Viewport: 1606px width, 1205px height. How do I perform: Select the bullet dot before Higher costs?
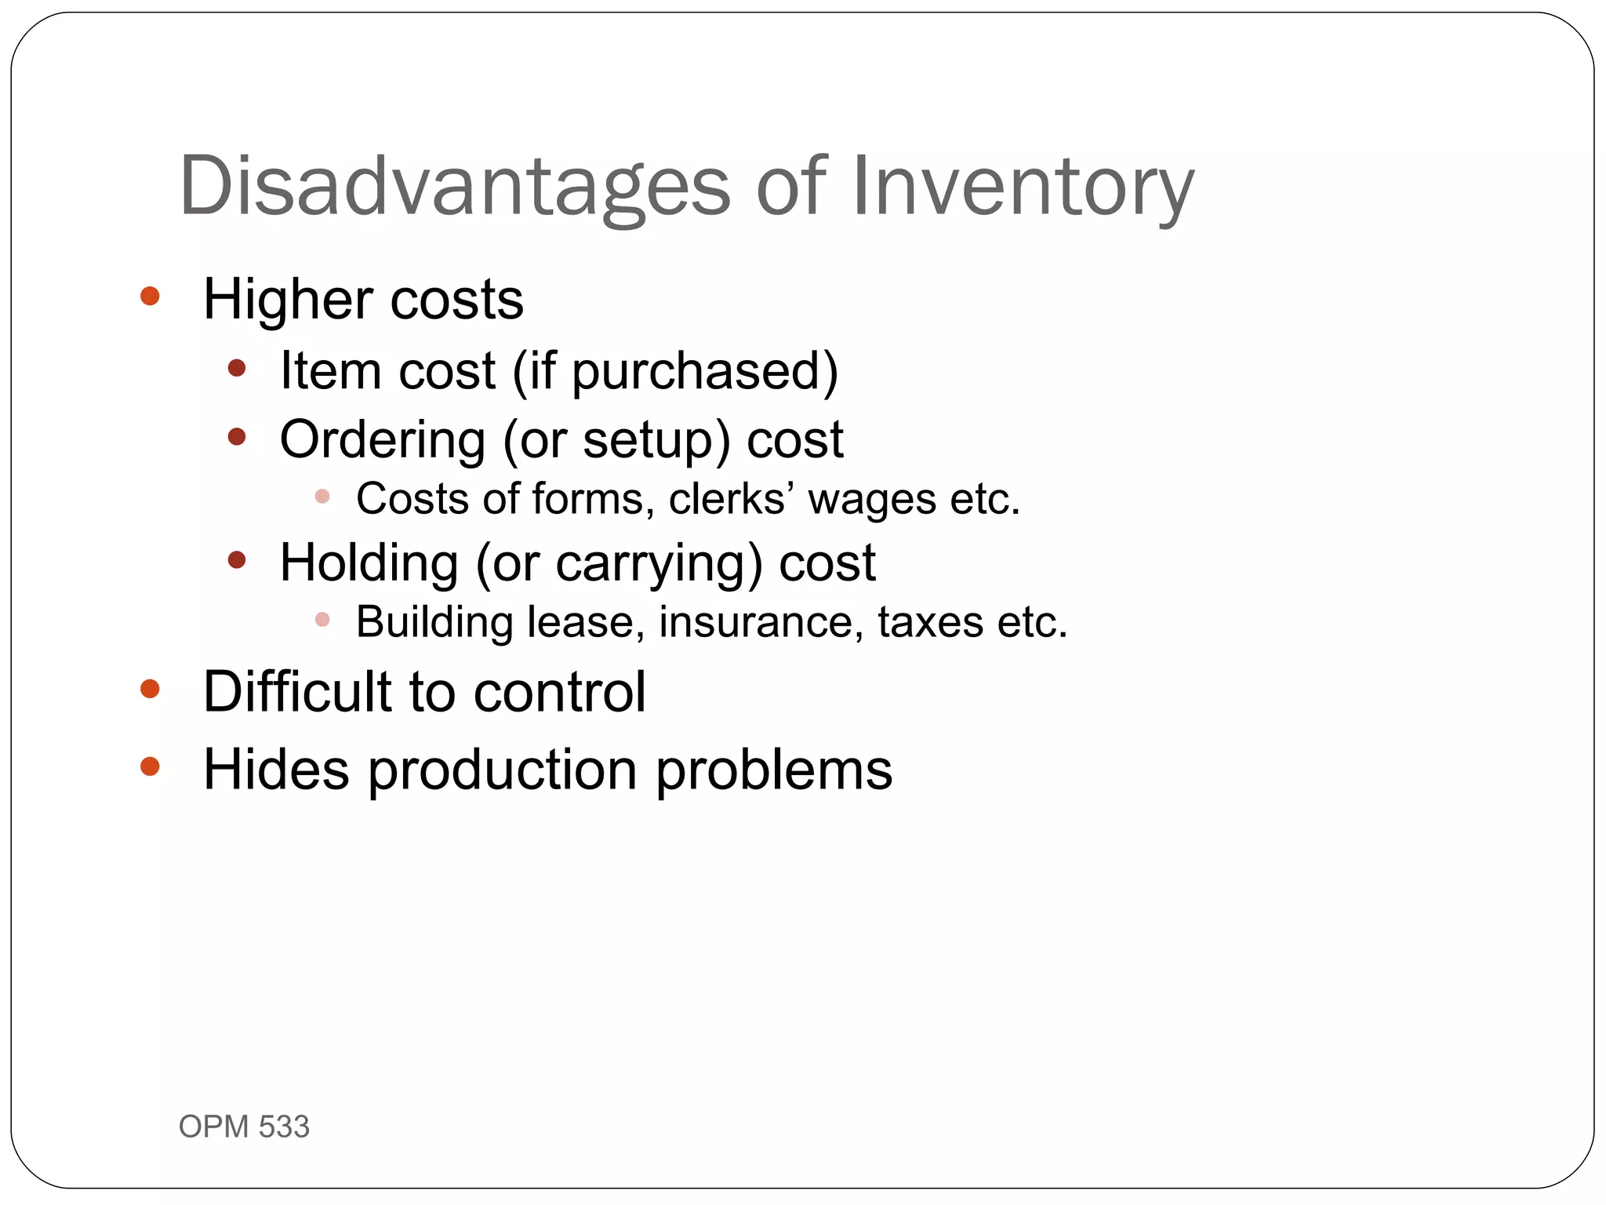tap(150, 297)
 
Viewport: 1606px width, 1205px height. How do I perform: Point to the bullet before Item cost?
tap(237, 367)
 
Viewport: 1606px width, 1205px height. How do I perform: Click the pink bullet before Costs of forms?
tap(322, 496)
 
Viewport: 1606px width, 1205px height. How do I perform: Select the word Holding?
tap(369, 563)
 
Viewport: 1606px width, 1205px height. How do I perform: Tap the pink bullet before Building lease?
tap(322, 620)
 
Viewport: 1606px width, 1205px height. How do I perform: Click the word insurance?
tap(761, 622)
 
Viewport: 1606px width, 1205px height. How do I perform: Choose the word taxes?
tap(930, 622)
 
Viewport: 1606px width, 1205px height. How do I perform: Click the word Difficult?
tap(297, 691)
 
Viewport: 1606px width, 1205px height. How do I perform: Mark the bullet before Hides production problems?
tap(150, 766)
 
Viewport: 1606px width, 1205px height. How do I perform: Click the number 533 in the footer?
tap(284, 1127)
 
